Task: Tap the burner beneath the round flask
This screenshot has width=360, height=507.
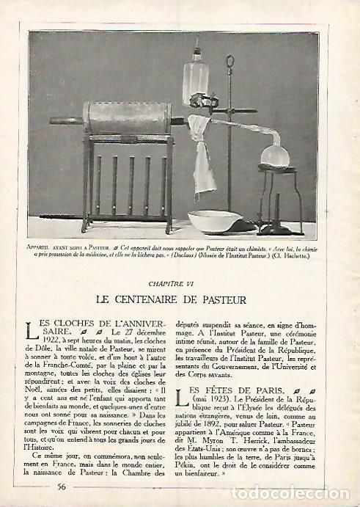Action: (x=281, y=213)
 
